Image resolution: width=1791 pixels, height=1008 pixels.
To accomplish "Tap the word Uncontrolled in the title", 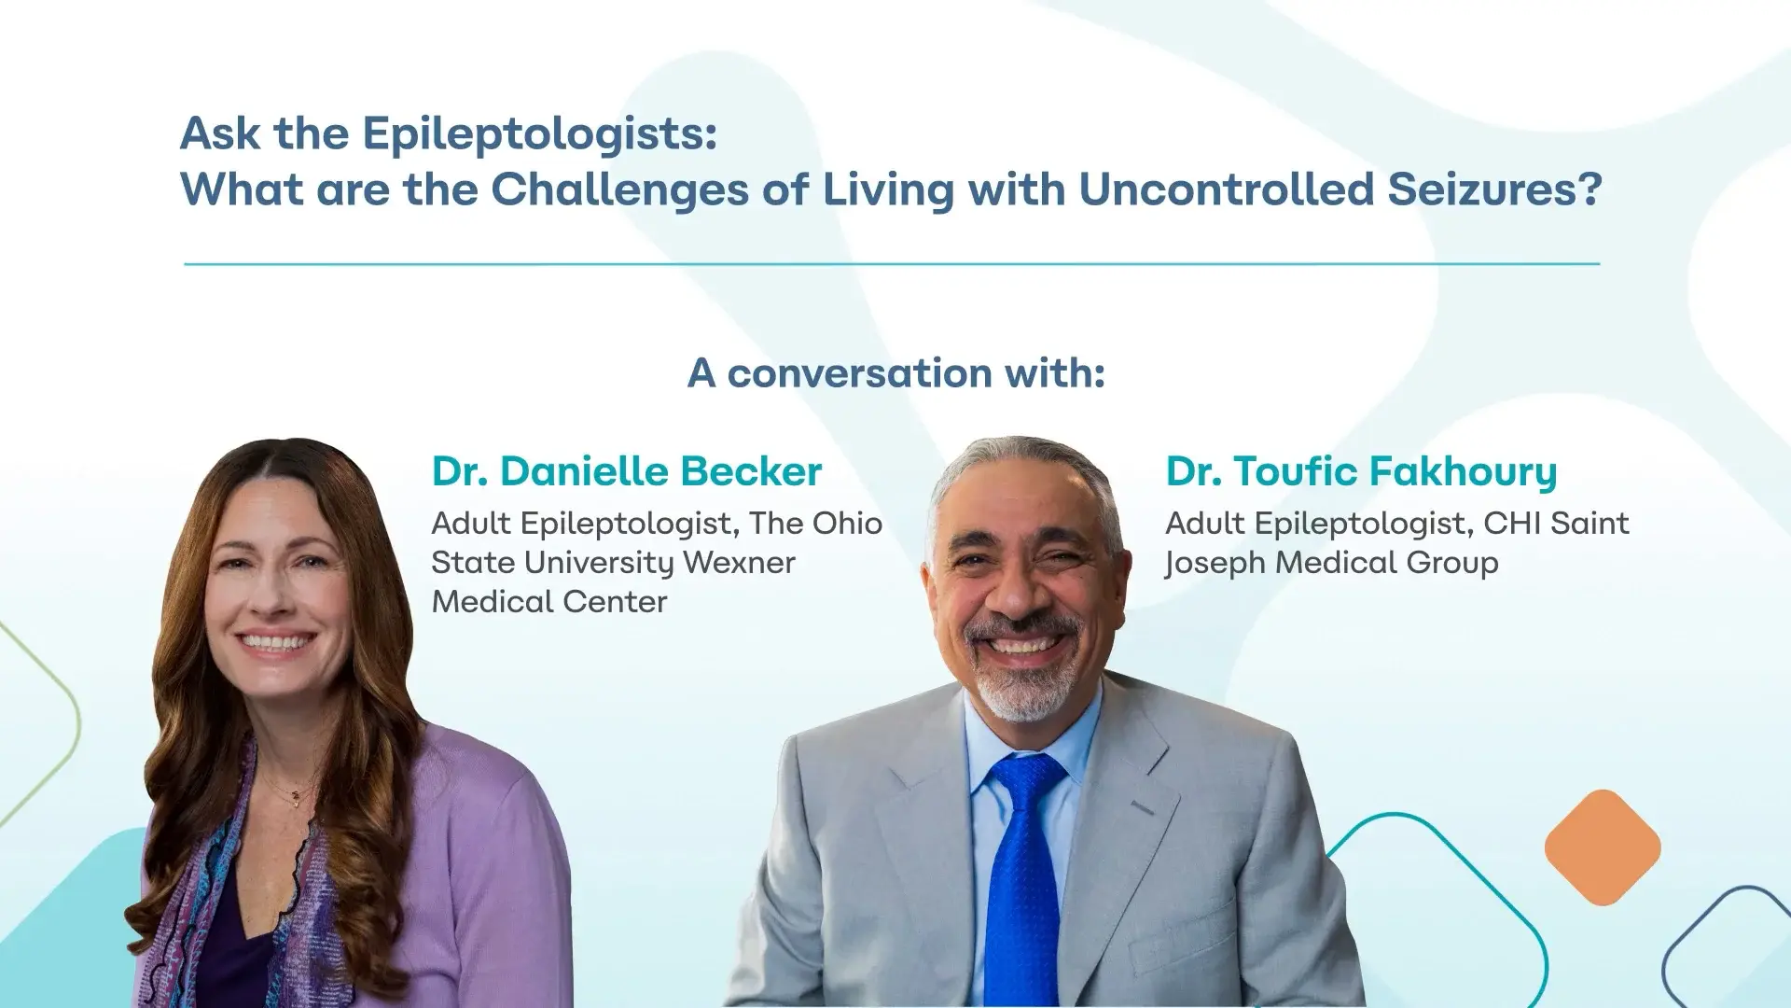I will [1226, 189].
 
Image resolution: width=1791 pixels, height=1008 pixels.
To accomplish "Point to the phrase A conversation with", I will [895, 373].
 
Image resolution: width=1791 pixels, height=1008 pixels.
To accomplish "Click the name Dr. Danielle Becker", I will [626, 471].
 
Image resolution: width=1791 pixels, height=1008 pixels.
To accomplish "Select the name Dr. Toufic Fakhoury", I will [1361, 471].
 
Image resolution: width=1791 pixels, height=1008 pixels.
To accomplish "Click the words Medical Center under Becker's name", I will [549, 602].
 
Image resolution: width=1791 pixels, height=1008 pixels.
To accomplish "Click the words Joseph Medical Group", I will [1331, 563].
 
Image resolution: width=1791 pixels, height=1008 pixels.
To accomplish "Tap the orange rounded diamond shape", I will [1602, 847].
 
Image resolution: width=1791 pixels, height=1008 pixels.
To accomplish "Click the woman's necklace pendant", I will [296, 796].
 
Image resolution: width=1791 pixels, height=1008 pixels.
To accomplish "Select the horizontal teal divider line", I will [892, 264].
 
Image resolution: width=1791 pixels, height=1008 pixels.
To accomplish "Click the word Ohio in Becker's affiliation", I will [847, 524].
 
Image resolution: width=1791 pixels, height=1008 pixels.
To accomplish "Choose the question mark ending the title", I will [1591, 189].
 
